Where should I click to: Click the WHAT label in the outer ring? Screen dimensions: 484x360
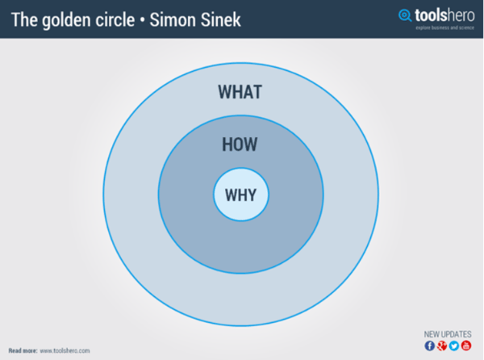[x=240, y=92]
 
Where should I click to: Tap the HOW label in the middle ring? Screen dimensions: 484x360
[x=240, y=144]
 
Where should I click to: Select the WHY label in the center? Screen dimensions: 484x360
[x=240, y=195]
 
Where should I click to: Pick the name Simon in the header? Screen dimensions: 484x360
[x=172, y=20]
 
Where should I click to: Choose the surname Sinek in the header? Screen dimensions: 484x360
[x=221, y=20]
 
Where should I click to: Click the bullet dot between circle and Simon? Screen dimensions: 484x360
[x=142, y=20]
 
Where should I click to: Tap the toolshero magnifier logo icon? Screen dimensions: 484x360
[x=405, y=15]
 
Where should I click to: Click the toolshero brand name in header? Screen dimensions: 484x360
[x=444, y=15]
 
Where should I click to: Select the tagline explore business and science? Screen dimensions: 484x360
[x=444, y=27]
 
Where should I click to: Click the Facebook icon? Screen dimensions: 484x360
[x=430, y=345]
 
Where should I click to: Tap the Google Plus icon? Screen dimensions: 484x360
[x=442, y=345]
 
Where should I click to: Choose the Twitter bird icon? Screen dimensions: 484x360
[x=454, y=345]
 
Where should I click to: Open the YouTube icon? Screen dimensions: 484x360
[x=466, y=345]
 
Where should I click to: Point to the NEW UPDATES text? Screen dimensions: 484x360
[x=448, y=334]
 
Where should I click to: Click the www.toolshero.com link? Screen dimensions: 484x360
[x=65, y=351]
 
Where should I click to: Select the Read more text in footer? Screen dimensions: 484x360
[x=23, y=351]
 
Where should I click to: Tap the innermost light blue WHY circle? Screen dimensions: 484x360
[x=241, y=213]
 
